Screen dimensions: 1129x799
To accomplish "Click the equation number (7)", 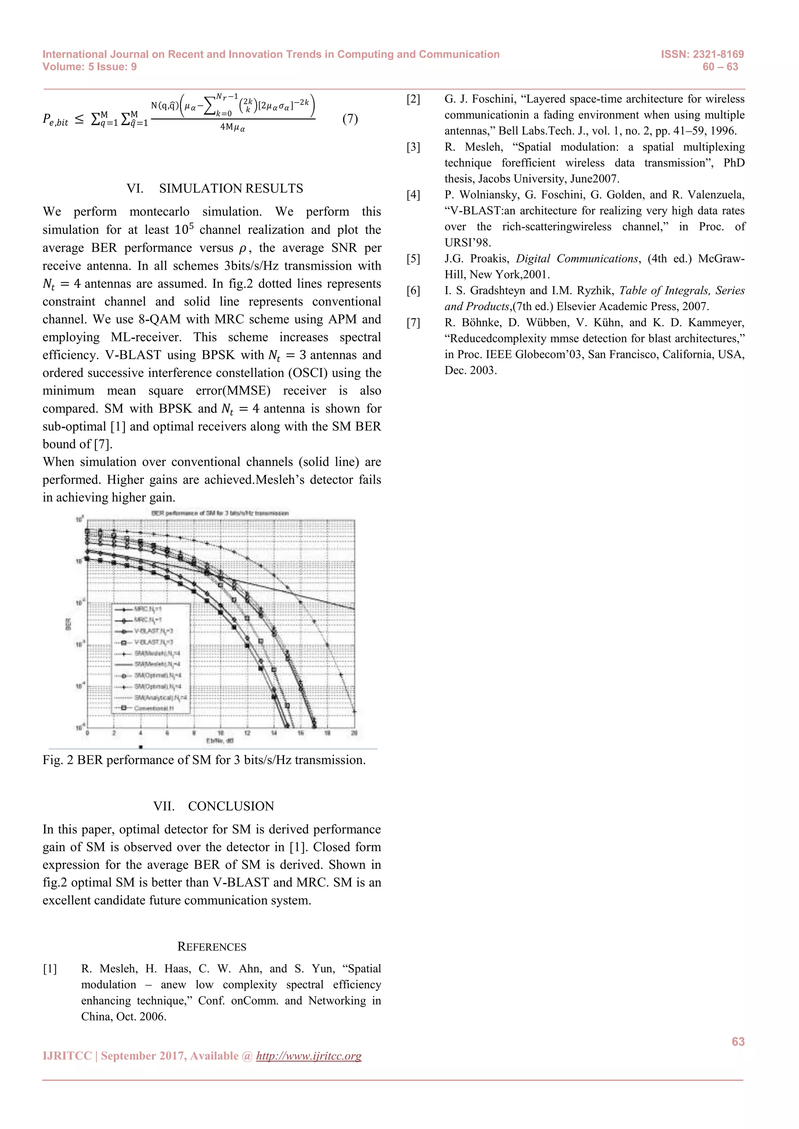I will (350, 119).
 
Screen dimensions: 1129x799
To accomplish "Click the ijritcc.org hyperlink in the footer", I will (309, 1056).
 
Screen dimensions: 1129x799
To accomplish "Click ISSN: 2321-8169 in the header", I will (702, 54).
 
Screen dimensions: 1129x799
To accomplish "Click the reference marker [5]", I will (413, 258).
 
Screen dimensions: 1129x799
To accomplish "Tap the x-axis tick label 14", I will (274, 733).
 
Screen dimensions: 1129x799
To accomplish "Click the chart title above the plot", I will (220, 513).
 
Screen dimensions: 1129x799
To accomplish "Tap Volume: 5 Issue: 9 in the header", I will (90, 67).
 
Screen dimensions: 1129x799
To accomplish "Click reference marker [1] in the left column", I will (50, 969).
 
